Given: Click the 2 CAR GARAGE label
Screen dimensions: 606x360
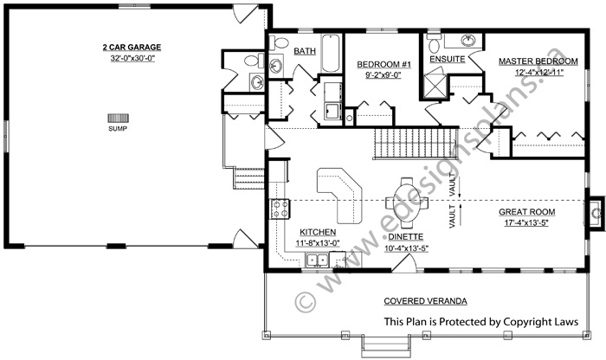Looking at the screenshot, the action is click(x=132, y=48).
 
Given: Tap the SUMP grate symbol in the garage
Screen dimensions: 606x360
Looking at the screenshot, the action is click(x=118, y=119).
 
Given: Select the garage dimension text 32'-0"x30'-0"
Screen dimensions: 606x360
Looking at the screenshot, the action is click(x=132, y=59).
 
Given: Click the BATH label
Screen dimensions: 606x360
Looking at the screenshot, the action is click(x=305, y=51).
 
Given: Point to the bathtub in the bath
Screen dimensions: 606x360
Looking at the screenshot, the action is click(x=331, y=54).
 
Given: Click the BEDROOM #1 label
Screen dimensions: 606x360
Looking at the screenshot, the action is click(x=384, y=64).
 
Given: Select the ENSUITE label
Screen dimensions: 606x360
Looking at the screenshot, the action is click(x=448, y=60).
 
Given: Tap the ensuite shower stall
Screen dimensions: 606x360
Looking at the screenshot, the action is click(x=435, y=86).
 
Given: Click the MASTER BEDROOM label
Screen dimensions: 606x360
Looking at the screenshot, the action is click(x=538, y=61).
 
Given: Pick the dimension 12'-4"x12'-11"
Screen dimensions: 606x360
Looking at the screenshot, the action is click(x=539, y=72).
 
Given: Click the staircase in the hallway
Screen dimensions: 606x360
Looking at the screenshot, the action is click(x=416, y=144).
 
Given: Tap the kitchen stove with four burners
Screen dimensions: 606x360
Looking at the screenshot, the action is click(x=280, y=209).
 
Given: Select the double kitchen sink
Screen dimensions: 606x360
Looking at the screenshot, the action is click(x=317, y=260).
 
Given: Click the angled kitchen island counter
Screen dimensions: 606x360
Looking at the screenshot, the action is click(x=339, y=195).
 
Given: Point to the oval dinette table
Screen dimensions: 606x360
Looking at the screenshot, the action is click(x=407, y=202).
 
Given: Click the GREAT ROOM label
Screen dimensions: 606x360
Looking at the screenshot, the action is click(x=526, y=212).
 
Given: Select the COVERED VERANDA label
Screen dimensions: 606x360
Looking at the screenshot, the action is click(x=425, y=301).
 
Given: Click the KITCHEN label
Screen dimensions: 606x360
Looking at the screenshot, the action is click(x=318, y=232).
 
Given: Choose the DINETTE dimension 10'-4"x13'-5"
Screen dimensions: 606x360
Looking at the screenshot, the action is click(x=407, y=248).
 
